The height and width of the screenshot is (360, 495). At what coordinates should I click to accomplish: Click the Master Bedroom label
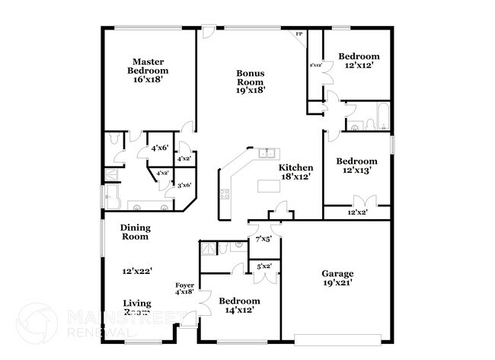[x=149, y=71]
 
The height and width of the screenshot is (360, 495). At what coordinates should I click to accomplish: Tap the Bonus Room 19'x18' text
[x=249, y=81]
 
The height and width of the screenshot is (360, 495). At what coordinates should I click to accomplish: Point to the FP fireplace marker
[x=299, y=34]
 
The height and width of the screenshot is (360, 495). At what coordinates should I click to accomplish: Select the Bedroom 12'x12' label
[x=359, y=61]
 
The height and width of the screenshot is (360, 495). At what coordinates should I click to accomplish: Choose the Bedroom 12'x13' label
[x=357, y=166]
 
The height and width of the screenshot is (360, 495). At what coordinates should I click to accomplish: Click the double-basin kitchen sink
[x=267, y=153]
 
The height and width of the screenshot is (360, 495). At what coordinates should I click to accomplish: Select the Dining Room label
[x=135, y=232]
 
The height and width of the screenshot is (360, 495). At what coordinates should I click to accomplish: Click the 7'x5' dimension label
[x=263, y=239]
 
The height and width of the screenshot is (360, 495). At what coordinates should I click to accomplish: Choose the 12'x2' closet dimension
[x=357, y=212]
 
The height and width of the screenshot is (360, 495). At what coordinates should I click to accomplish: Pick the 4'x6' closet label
[x=159, y=148]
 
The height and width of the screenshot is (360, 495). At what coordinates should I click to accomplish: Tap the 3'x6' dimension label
[x=184, y=185]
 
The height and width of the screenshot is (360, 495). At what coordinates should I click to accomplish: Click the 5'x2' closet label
[x=264, y=266]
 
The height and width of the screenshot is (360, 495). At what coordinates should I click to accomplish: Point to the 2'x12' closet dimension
[x=315, y=65]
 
